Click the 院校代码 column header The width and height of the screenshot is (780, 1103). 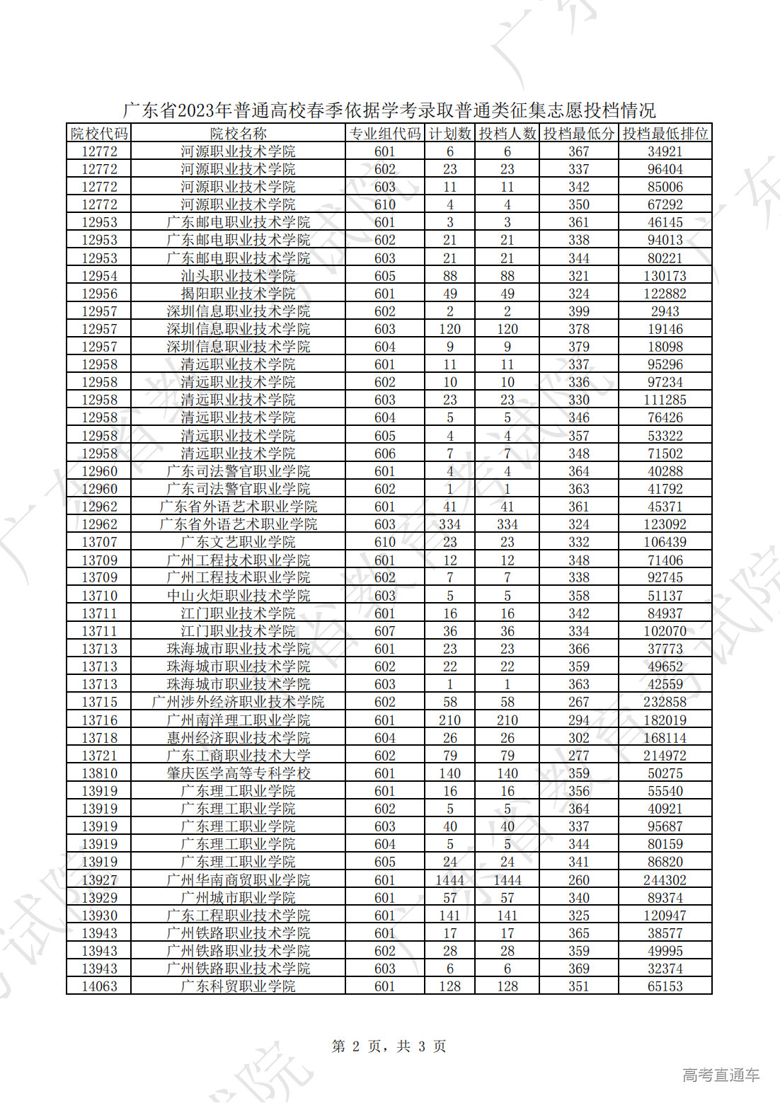pos(99,133)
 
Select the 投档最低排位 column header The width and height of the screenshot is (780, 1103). pos(665,133)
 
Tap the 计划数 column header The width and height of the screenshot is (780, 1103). pos(449,133)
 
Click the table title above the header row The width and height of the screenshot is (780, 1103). pos(389,110)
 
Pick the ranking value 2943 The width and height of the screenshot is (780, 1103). pos(665,311)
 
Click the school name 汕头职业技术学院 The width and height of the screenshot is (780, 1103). pos(238,276)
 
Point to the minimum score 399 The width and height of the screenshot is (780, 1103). pos(578,311)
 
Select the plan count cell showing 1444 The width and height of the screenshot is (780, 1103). pos(449,880)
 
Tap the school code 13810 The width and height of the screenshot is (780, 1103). pos(99,773)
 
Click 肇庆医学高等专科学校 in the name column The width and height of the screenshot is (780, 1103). pos(238,773)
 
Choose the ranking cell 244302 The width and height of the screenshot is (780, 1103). pos(665,880)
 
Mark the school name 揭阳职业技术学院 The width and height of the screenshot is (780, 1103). pos(238,294)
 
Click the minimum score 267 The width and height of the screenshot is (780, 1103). pos(578,702)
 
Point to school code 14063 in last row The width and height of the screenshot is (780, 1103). pos(99,986)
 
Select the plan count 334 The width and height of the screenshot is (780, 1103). pos(449,524)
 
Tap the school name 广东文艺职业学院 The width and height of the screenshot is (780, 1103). pos(238,542)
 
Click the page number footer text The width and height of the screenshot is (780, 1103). pos(389,1046)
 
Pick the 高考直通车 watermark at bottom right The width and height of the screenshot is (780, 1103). pos(721,1075)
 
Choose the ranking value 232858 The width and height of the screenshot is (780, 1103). pos(665,702)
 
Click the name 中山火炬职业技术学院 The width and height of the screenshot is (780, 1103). pos(238,596)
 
